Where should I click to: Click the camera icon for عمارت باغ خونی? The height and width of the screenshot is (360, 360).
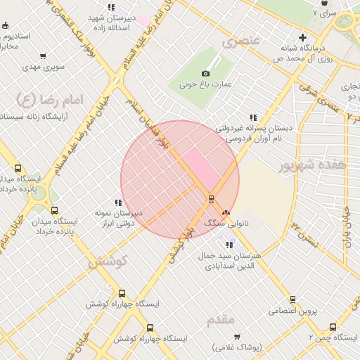[205, 73]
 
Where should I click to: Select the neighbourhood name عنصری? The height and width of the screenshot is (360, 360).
[241, 41]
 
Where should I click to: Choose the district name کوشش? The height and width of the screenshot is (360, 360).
[107, 261]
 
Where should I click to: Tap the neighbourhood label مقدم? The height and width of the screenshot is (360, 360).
[221, 320]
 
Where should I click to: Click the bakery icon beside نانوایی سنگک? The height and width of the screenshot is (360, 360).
[226, 212]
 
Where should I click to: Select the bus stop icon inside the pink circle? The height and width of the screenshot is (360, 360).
[210, 199]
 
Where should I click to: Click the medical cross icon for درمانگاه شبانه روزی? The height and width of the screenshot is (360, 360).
[302, 37]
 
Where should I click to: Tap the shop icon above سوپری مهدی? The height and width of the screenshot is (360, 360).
[44, 57]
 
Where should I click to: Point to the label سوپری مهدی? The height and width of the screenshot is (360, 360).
[44, 67]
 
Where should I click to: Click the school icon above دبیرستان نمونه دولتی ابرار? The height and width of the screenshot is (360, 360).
[118, 202]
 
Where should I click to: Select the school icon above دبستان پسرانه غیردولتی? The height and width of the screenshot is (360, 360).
[252, 118]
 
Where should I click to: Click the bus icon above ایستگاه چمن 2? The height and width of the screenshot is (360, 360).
[333, 327]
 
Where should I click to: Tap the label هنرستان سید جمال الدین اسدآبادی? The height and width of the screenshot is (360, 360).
[231, 261]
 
